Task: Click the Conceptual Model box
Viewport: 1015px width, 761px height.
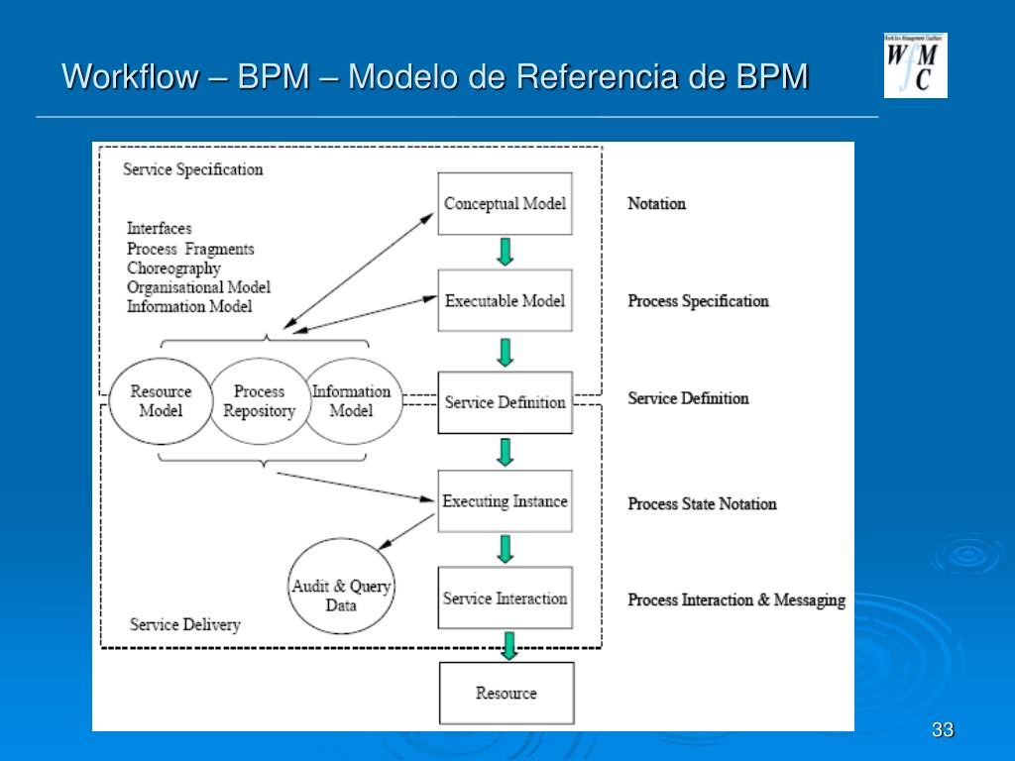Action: (505, 203)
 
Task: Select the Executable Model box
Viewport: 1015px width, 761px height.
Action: (505, 300)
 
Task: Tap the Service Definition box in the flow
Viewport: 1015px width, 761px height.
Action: (505, 402)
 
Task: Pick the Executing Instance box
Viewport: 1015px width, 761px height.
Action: (505, 500)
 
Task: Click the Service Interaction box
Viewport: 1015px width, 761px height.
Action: (505, 598)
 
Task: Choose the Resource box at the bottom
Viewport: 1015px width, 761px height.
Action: (507, 693)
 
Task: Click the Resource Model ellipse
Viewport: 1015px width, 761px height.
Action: (161, 401)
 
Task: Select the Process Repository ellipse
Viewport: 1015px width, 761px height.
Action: (259, 401)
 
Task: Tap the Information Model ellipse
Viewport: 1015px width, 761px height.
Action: (352, 401)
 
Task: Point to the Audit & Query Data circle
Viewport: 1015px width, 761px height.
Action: (341, 587)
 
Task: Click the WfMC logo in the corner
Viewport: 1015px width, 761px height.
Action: (915, 65)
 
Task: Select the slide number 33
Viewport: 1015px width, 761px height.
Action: (943, 730)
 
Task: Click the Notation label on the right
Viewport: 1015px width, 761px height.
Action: (656, 203)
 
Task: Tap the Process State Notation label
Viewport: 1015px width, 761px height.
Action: (702, 503)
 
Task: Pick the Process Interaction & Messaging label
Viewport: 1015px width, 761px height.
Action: (736, 599)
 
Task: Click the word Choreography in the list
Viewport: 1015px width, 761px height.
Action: (173, 268)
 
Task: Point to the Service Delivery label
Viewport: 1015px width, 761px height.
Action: (185, 624)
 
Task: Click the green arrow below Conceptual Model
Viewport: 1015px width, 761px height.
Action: (506, 253)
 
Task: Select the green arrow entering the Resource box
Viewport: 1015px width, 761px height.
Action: (509, 646)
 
